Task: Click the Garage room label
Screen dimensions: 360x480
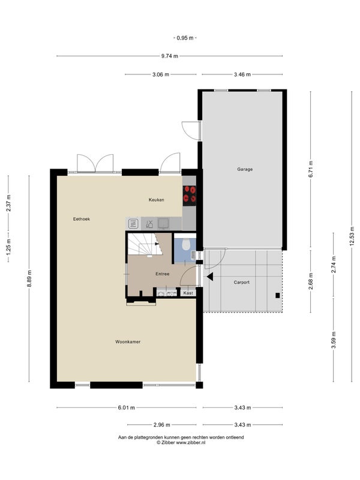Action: pos(245,169)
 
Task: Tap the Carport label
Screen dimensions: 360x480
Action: pos(242,282)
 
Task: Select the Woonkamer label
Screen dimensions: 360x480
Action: pos(128,341)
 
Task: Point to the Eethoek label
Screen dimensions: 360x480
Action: pos(82,219)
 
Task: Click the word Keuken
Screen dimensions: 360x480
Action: pos(157,200)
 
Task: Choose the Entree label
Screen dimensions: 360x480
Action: pos(162,274)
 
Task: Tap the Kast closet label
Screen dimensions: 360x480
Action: pos(188,293)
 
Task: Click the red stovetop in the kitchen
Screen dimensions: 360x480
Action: pos(190,196)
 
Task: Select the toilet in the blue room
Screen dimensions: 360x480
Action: pos(185,244)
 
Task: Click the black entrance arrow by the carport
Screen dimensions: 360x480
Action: pos(210,277)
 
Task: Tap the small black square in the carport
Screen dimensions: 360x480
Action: pos(278,295)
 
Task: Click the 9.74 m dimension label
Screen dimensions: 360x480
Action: pos(170,56)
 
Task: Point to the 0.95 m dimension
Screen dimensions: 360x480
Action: pos(185,38)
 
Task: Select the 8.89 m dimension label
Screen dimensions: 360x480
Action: pos(29,278)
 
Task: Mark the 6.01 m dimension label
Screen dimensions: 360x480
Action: pos(127,408)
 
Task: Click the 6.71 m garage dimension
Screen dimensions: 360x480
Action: pos(311,169)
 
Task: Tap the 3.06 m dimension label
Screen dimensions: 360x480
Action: pos(161,74)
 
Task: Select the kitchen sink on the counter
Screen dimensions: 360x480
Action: pos(164,223)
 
